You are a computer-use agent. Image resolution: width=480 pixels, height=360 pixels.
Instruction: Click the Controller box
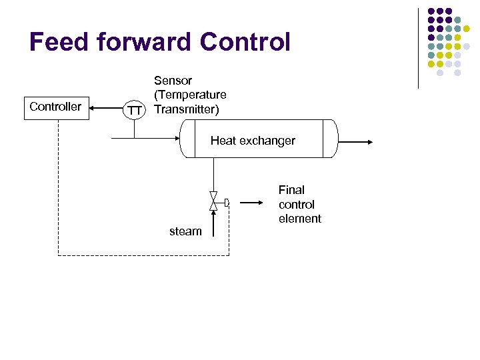(x=57, y=107)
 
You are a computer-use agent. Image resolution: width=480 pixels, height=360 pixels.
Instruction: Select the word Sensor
(x=173, y=81)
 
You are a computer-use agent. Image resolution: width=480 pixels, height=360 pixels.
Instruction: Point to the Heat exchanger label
(x=253, y=141)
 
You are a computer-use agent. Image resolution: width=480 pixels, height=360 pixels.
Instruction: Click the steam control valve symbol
(x=213, y=201)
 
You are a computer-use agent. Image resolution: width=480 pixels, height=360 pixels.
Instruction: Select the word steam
(x=185, y=231)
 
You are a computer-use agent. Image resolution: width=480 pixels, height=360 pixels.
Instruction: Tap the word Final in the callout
(x=291, y=190)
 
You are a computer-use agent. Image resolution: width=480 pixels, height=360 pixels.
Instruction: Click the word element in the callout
(x=300, y=219)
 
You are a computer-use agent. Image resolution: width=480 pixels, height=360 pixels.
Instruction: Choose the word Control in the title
(x=245, y=42)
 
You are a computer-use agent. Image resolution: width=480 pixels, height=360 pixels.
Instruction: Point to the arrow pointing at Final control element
(x=251, y=202)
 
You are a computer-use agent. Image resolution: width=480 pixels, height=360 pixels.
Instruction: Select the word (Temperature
(x=190, y=95)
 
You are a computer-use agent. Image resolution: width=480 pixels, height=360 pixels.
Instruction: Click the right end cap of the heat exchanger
(x=331, y=139)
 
